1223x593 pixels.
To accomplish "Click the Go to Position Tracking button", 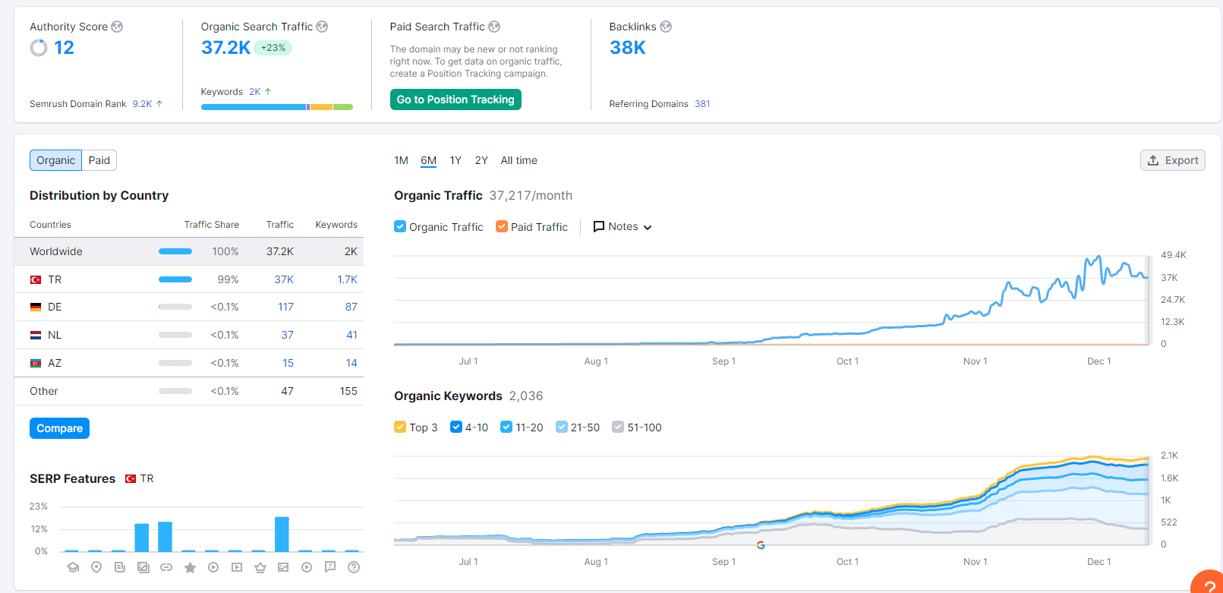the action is click(455, 99).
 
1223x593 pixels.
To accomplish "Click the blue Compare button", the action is click(59, 428).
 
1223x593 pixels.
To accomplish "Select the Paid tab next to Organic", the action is click(99, 160).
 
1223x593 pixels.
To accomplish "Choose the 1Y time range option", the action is click(455, 160).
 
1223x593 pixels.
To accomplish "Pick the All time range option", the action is click(519, 160).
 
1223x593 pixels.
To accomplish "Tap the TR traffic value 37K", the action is click(284, 279).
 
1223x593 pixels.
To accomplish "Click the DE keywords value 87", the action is click(351, 307).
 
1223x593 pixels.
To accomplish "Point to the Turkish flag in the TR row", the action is click(36, 279).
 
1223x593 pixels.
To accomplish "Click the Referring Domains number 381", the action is click(702, 104).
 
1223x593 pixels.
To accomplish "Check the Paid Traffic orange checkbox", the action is click(501, 226).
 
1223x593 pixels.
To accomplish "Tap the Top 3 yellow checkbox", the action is click(399, 427).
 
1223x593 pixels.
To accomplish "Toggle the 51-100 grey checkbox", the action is click(617, 427).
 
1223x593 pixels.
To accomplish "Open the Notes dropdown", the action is click(623, 226).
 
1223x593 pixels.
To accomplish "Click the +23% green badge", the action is click(273, 48).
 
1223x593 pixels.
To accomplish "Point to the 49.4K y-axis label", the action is click(1174, 255).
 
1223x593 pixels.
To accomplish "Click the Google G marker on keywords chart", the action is click(761, 545).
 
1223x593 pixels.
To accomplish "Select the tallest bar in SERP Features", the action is click(282, 534).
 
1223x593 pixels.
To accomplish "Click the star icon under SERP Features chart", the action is click(190, 568).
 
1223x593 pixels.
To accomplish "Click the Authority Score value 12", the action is click(64, 48).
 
